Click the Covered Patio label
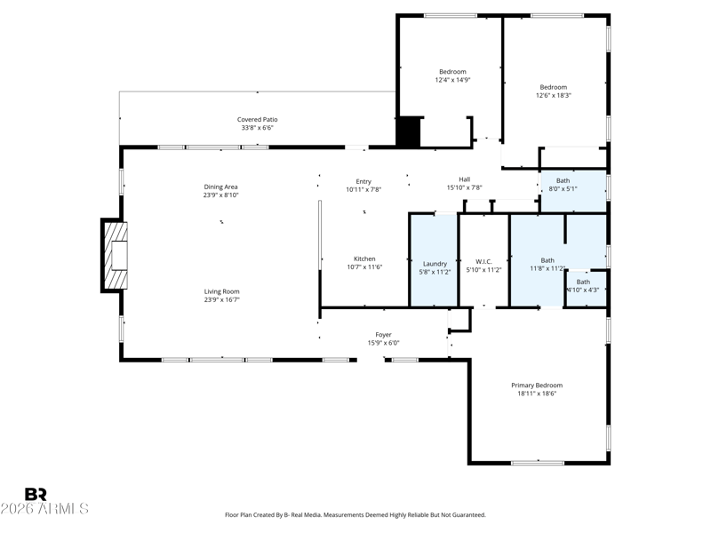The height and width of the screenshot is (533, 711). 257,120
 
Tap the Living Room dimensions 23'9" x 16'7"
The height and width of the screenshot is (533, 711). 221,299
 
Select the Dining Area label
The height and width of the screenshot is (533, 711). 220,187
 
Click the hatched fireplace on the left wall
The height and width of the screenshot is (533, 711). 116,255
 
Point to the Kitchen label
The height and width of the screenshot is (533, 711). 364,259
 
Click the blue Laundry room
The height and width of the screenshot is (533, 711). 434,260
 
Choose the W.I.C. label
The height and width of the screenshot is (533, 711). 483,261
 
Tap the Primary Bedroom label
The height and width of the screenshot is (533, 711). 537,386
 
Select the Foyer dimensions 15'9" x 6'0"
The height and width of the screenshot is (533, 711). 384,343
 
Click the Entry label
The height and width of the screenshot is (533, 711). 363,181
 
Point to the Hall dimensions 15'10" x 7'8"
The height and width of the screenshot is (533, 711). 464,187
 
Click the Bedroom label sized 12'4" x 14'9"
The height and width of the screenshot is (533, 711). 452,72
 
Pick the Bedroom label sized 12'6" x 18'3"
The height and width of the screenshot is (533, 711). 553,87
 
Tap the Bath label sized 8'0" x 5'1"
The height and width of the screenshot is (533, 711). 563,180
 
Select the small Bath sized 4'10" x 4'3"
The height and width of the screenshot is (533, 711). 586,289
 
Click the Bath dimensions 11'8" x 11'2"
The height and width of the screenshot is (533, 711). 547,269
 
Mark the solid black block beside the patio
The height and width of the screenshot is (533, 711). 408,131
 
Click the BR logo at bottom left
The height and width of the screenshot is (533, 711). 36,494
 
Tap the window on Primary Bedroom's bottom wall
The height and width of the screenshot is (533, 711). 538,463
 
